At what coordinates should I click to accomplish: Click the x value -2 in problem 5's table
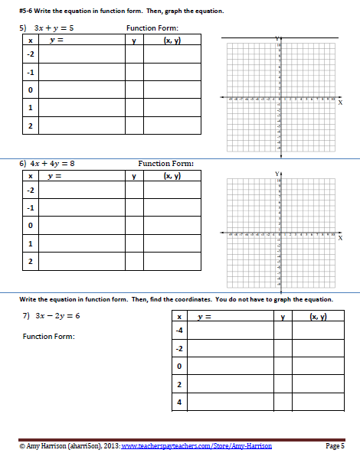point(30,55)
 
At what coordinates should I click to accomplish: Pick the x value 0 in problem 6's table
point(30,226)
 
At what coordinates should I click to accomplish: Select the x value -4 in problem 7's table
point(178,331)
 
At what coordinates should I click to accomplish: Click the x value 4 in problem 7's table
point(178,401)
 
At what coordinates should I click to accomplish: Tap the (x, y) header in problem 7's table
point(316,317)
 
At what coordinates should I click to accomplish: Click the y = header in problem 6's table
point(54,176)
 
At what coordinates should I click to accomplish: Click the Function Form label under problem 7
point(49,337)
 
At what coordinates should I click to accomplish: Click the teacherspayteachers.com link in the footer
point(196,445)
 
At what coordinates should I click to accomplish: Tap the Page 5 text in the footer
point(335,445)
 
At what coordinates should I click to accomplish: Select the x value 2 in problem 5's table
point(30,125)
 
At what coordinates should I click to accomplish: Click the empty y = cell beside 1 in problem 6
point(81,244)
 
